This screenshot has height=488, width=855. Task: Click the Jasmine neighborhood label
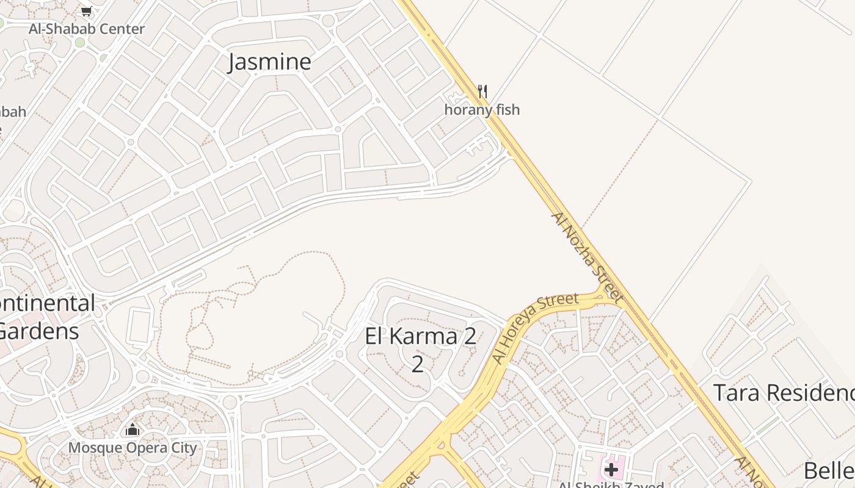pos(269,62)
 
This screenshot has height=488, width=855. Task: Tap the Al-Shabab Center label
pos(87,29)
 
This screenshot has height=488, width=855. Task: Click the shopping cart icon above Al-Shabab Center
pos(87,11)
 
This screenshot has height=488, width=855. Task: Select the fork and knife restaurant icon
pos(482,92)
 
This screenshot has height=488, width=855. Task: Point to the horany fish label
pos(482,110)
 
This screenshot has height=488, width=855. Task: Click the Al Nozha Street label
pos(587,257)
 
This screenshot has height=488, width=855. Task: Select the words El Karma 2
pos(421,337)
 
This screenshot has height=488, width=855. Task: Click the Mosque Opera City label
pos(133,448)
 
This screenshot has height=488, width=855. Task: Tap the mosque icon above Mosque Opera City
pos(133,430)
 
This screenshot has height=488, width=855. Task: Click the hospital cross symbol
pos(611,470)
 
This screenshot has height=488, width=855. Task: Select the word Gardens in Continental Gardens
pos(39,331)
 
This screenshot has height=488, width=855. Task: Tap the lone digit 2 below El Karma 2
pos(418,364)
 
